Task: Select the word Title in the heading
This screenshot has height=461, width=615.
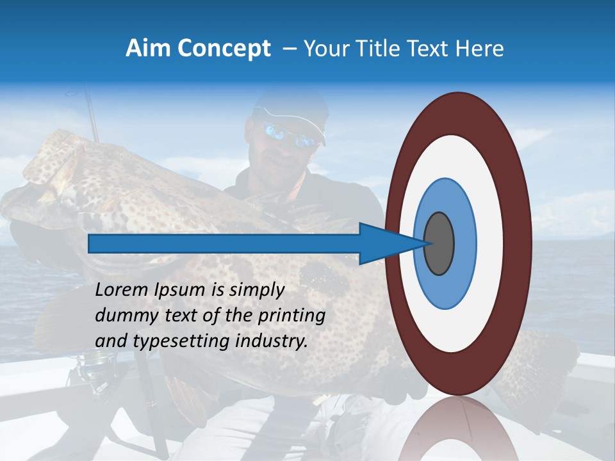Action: tap(378, 49)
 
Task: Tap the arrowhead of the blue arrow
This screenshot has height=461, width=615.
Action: tap(384, 243)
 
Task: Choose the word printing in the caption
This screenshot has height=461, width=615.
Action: tap(291, 316)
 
